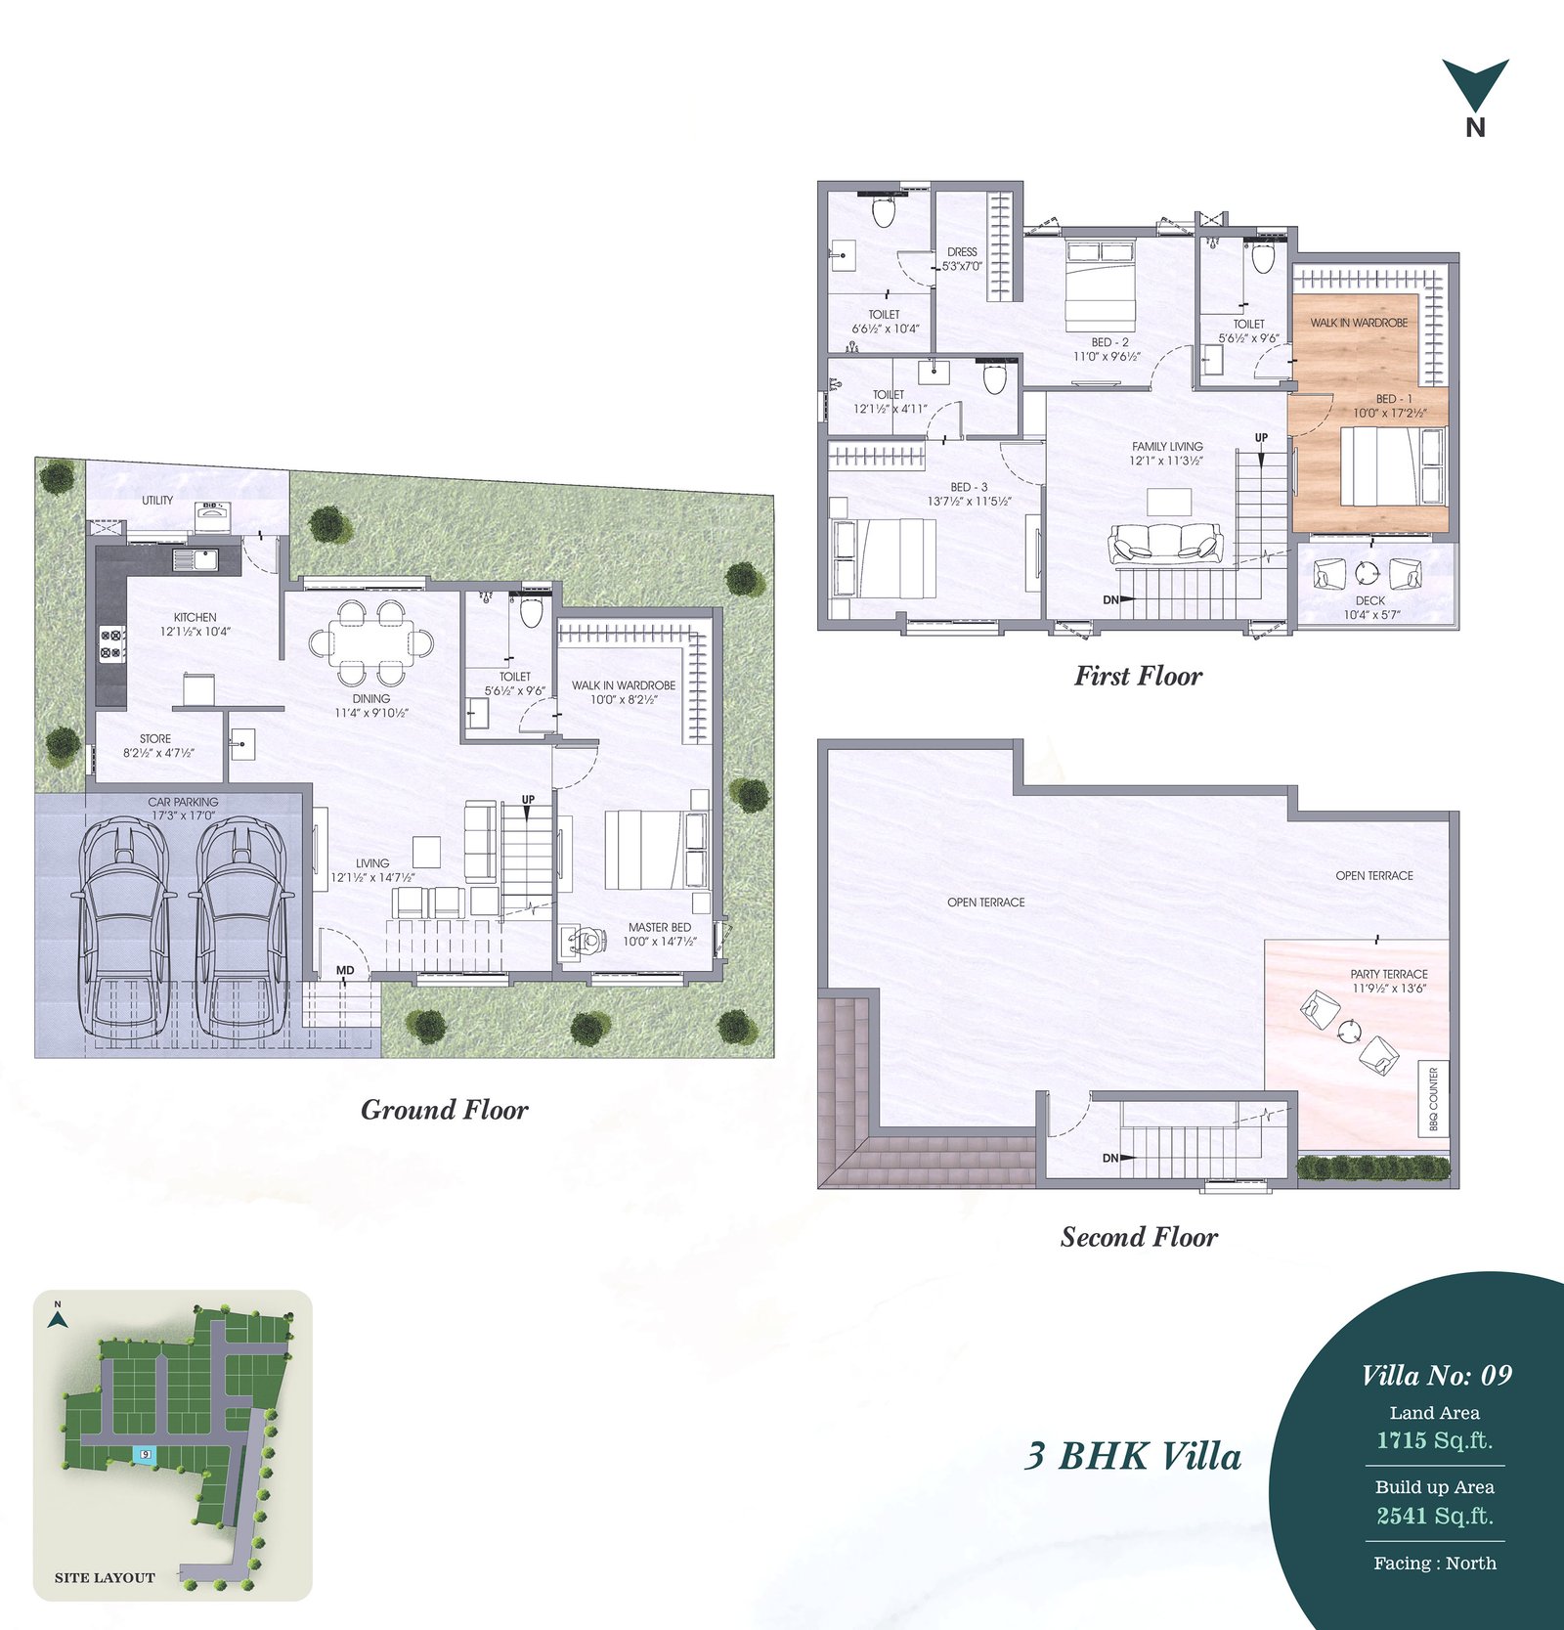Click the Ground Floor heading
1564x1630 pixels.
[445, 1110]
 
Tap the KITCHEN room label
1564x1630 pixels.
[195, 617]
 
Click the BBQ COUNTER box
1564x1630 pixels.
[1433, 1100]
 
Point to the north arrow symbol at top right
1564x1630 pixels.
[1475, 85]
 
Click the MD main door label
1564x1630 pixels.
[345, 971]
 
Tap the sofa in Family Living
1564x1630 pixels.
[1165, 543]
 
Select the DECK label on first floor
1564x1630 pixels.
[1370, 600]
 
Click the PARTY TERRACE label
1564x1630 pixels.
[1389, 974]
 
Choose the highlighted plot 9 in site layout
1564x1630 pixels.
[145, 1454]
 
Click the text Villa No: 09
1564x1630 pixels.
[1436, 1376]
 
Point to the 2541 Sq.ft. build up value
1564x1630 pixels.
[1435, 1516]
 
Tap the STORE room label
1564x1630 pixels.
[155, 739]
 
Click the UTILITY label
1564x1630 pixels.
[157, 500]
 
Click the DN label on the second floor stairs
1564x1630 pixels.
[1110, 1158]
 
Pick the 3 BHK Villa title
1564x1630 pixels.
[1133, 1456]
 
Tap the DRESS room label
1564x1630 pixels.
[962, 251]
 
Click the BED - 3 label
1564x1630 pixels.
[969, 487]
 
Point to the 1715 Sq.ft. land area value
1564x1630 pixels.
[1435, 1440]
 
